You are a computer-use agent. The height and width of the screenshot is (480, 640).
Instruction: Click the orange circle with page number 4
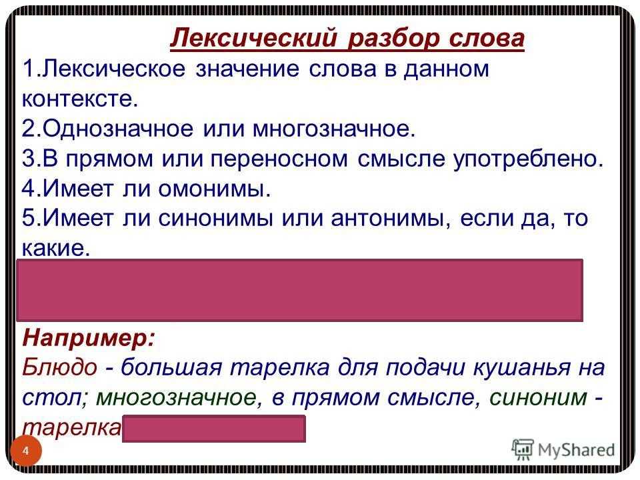(x=26, y=451)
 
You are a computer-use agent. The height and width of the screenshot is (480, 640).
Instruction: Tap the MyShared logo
(x=562, y=449)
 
